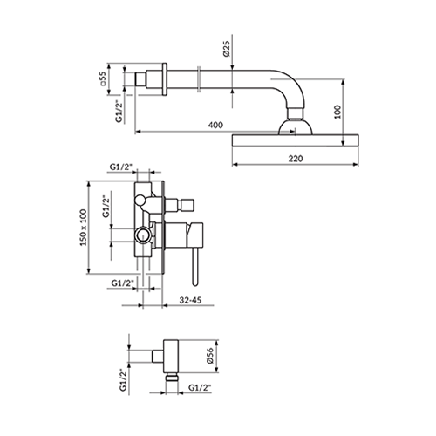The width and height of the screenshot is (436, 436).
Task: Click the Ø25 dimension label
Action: tap(227, 49)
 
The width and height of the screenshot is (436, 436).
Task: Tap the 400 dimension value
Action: tap(215, 125)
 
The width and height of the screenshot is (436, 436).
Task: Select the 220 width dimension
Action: tap(296, 159)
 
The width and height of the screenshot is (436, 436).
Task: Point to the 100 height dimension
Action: tap(337, 112)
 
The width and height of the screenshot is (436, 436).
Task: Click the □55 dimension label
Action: tap(104, 78)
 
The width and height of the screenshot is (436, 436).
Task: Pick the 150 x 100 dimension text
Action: tap(84, 228)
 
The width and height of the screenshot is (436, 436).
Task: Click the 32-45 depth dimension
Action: tap(190, 300)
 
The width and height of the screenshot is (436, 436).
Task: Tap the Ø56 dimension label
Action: tap(210, 355)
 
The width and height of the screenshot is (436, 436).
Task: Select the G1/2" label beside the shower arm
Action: tap(119, 112)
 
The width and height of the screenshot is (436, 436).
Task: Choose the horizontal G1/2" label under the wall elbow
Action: tap(200, 388)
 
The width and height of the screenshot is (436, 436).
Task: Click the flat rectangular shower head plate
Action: tap(296, 140)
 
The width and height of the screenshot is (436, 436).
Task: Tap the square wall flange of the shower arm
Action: tap(165, 79)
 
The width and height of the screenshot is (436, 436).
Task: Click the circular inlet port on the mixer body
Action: tap(143, 235)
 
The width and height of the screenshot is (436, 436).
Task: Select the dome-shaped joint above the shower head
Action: tap(296, 127)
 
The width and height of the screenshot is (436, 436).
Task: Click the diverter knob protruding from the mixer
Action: tap(180, 205)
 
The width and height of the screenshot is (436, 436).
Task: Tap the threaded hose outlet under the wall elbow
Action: tap(172, 378)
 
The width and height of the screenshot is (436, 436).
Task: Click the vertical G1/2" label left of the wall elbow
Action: tap(123, 380)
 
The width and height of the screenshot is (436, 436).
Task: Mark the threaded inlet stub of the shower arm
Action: tap(141, 79)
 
